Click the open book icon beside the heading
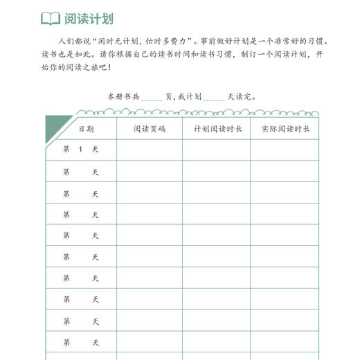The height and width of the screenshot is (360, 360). pyautogui.click(x=51, y=18)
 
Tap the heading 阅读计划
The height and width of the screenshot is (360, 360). pyautogui.click(x=90, y=18)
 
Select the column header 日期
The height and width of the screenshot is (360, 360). pyautogui.click(x=86, y=129)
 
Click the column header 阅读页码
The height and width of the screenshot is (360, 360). pyautogui.click(x=149, y=129)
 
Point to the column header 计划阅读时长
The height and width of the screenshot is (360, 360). pyautogui.click(x=217, y=129)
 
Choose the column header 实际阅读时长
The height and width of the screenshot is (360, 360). pyautogui.click(x=285, y=129)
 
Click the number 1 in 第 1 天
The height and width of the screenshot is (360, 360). pyautogui.click(x=81, y=150)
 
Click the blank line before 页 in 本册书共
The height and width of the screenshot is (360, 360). pyautogui.click(x=152, y=98)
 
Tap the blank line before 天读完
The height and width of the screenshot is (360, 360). pyautogui.click(x=214, y=98)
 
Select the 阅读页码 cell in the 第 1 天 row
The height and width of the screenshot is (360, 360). pyautogui.click(x=149, y=150)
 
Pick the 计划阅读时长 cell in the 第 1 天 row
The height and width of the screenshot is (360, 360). pyautogui.click(x=217, y=150)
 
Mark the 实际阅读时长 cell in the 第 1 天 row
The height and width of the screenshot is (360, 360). pyautogui.click(x=285, y=150)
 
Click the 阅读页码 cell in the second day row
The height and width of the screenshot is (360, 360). pyautogui.click(x=149, y=172)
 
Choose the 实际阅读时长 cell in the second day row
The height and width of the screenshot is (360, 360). pyautogui.click(x=285, y=172)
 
